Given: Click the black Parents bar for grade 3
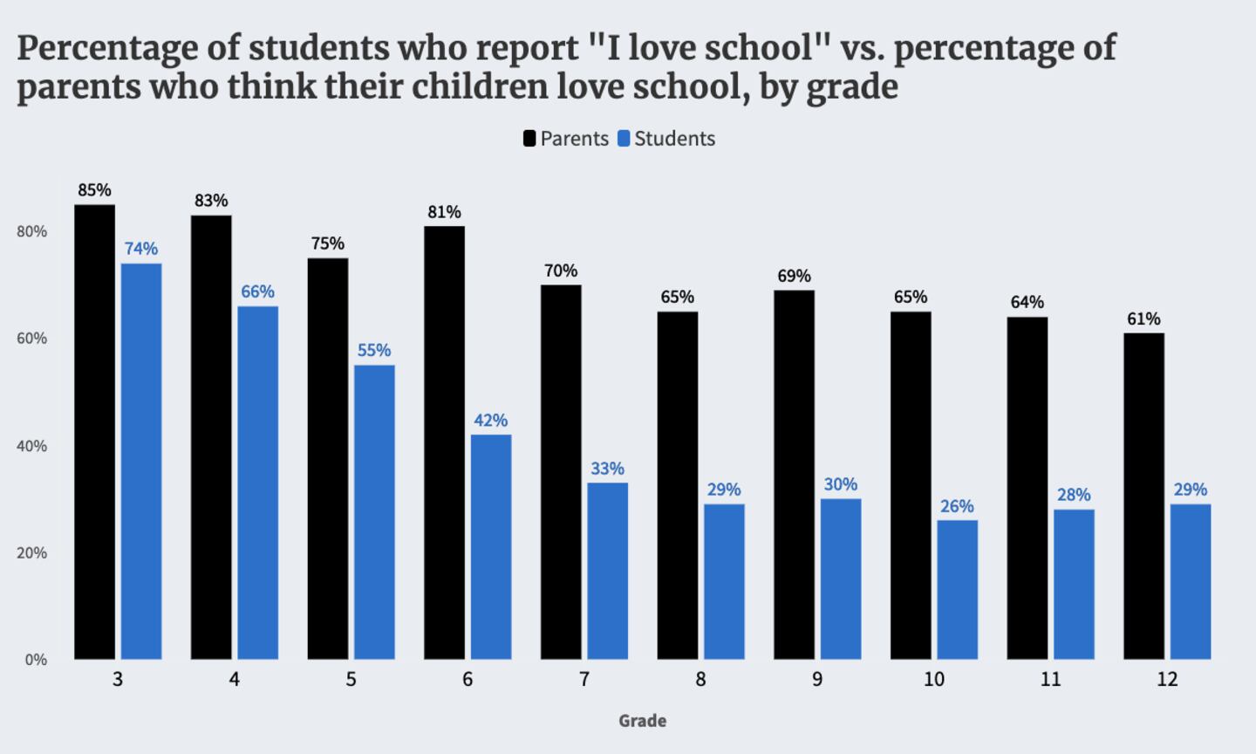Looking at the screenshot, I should [x=94, y=432].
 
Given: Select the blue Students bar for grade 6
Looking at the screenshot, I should [x=491, y=547].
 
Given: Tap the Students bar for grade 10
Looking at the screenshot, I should [x=957, y=590].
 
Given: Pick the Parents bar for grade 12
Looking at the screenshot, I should [x=1143, y=496].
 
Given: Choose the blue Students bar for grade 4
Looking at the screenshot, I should [x=257, y=483].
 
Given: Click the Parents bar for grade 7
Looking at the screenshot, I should [x=561, y=472].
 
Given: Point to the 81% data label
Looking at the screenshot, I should [x=444, y=212].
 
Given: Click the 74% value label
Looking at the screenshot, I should [x=141, y=249].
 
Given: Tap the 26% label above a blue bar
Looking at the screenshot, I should [x=957, y=506].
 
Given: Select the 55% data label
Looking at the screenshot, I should [x=374, y=350].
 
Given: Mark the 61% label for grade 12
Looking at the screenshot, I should [x=1143, y=319].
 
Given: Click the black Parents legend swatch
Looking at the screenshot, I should [x=529, y=139].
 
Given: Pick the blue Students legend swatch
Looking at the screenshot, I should [x=624, y=139].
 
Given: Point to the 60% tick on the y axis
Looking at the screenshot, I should [x=32, y=339].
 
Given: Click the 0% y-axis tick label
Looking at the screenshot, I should [x=36, y=660].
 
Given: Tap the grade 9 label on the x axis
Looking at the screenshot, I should [x=817, y=679].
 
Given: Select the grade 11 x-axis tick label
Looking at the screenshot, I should [x=1050, y=679].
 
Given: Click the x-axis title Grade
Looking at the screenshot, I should [x=643, y=721].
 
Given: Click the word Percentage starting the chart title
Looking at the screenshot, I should [x=106, y=49].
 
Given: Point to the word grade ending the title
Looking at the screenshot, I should [x=852, y=87].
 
